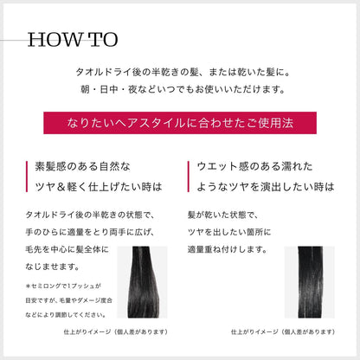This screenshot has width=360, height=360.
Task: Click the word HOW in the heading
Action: click(56, 41)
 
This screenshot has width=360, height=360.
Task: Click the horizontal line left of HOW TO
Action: click(12, 42)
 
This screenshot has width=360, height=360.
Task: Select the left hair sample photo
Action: click(148, 283)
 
